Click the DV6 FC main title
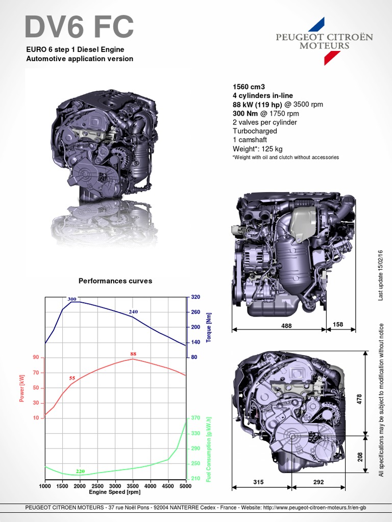[79, 27]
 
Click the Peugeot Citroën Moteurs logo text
[324, 41]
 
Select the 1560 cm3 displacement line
[249, 87]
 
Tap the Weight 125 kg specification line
[258, 149]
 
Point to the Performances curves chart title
[115, 281]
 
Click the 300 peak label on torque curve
[72, 299]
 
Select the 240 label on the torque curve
[133, 311]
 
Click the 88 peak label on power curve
[133, 354]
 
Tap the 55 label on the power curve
[72, 378]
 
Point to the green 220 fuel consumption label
[80, 471]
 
